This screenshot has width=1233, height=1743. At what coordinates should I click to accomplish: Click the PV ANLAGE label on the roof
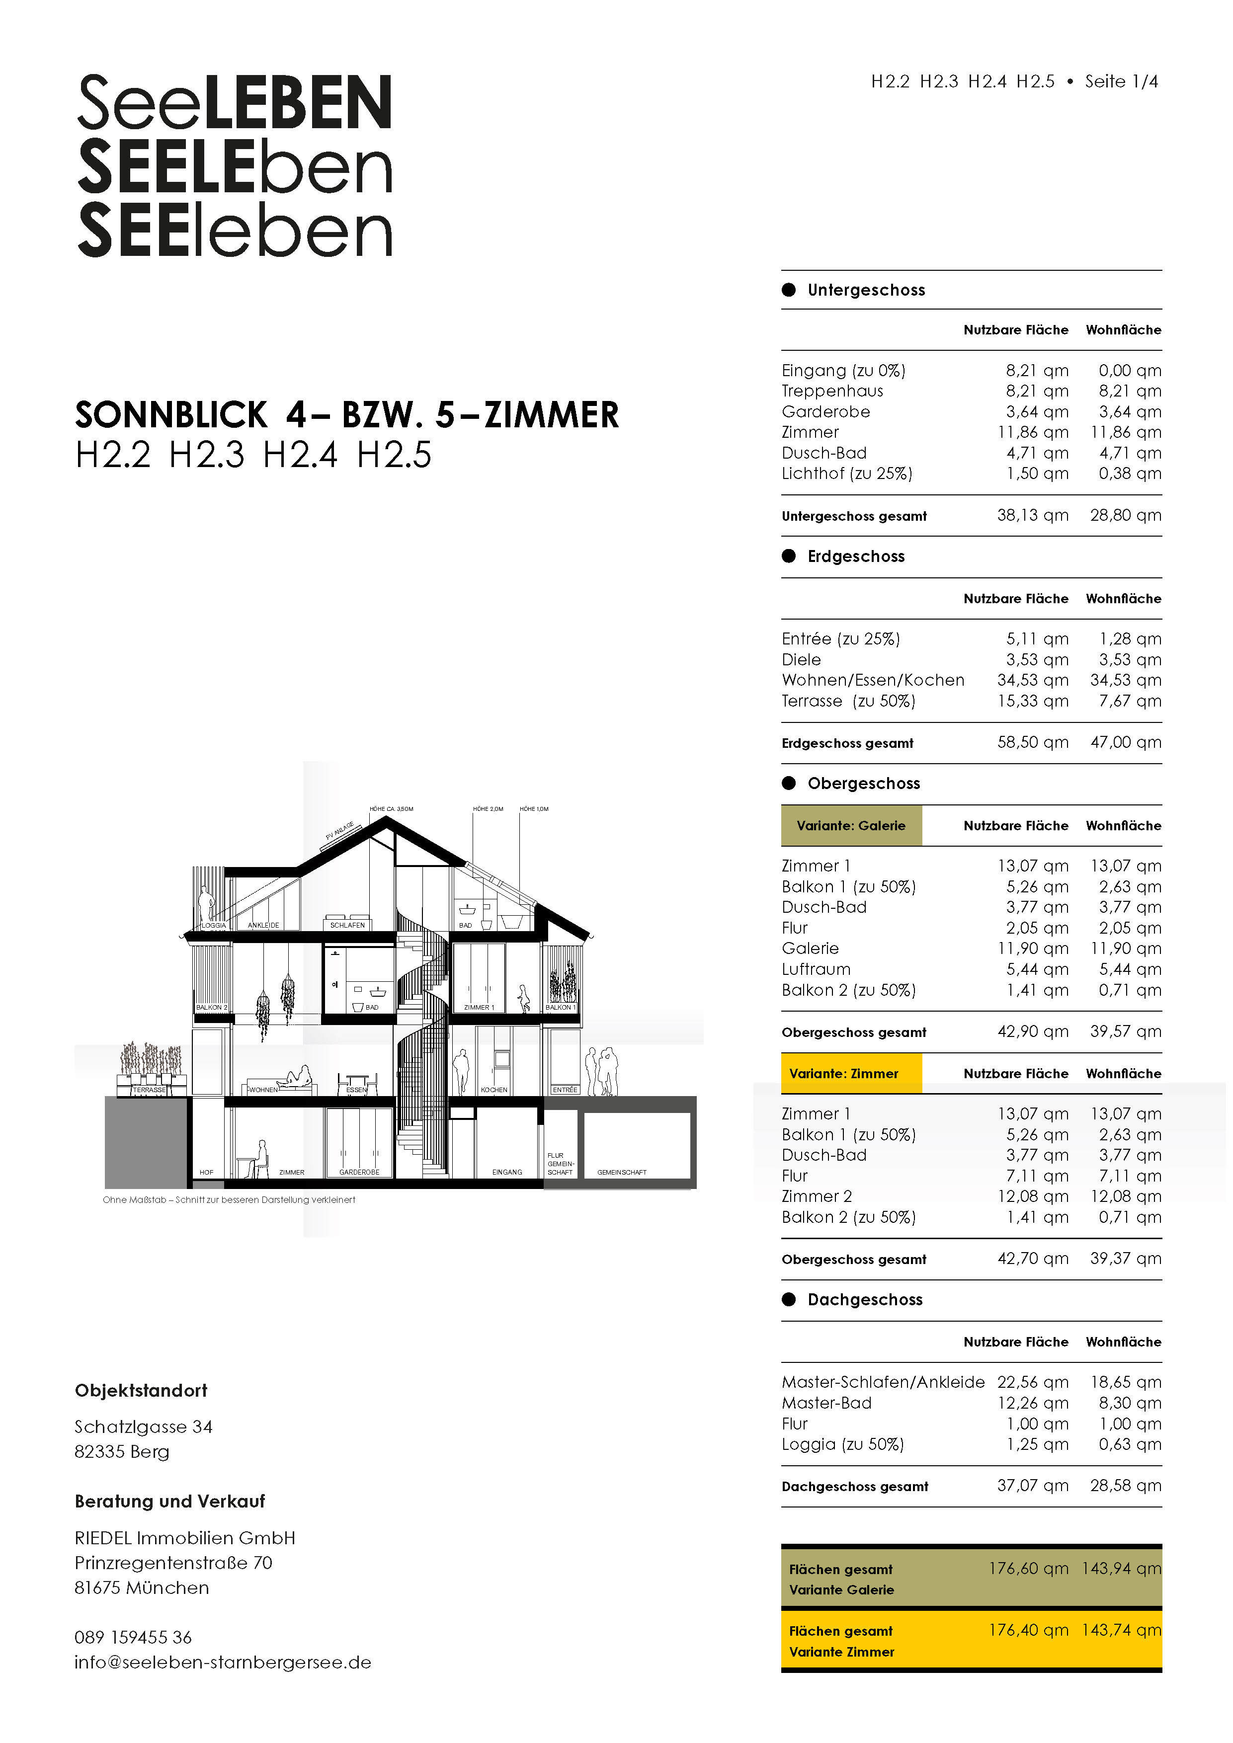[x=339, y=830]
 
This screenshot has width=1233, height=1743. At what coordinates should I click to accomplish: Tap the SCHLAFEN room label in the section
[x=348, y=925]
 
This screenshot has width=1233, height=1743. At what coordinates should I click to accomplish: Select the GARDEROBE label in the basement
[x=359, y=1172]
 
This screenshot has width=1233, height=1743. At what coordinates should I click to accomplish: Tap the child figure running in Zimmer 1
[x=524, y=998]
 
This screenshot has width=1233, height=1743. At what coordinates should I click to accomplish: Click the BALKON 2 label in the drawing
[x=211, y=1007]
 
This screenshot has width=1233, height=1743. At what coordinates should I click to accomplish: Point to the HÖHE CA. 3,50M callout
[x=391, y=809]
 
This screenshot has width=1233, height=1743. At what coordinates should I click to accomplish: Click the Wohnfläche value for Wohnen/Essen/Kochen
[x=1125, y=680]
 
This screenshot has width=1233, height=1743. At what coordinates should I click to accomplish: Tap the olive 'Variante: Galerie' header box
[x=851, y=825]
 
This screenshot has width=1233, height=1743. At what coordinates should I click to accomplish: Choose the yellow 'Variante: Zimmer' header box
[x=851, y=1073]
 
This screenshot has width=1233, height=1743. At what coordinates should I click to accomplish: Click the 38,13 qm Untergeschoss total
[x=1033, y=515]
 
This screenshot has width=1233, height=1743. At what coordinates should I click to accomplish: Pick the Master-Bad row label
[x=827, y=1403]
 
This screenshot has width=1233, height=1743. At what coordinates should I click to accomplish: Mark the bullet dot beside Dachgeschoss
[x=789, y=1300]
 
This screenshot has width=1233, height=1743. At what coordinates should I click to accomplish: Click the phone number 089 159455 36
[x=133, y=1638]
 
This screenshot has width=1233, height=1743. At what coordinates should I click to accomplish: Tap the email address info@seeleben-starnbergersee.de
[x=223, y=1663]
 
